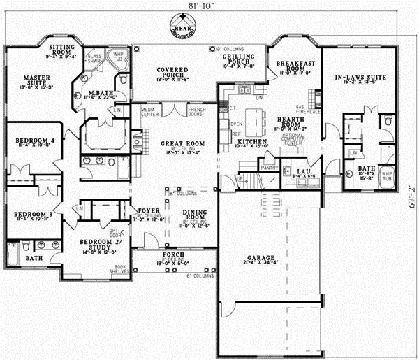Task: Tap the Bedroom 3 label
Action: pyautogui.click(x=29, y=215)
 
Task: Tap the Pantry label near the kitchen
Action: pyautogui.click(x=265, y=168)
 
